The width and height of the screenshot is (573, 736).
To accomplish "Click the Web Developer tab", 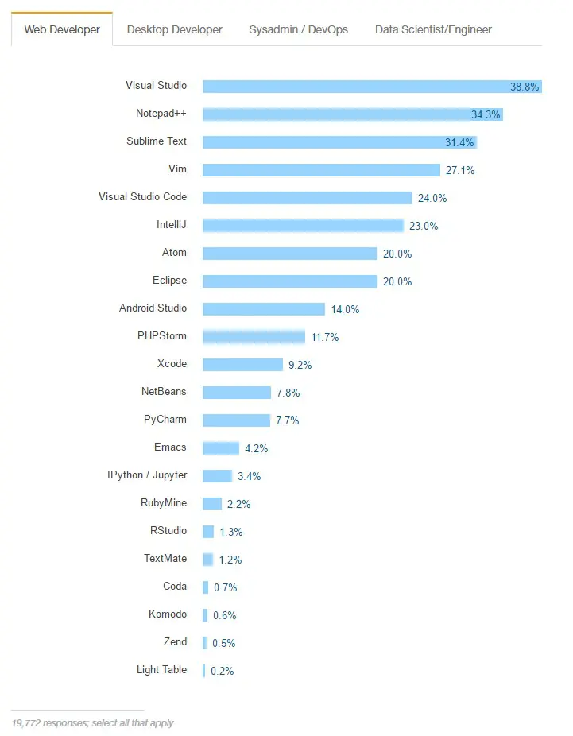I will (62, 29).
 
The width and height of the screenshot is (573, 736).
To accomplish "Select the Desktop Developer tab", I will (174, 29).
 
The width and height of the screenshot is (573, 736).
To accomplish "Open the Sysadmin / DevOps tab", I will (298, 29).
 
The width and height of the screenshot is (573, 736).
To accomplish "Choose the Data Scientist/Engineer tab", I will (433, 29).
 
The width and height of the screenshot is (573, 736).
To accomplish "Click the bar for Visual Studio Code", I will (308, 198).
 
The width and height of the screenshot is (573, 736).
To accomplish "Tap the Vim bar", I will (321, 170).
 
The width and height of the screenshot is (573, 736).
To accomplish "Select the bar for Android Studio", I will (264, 309).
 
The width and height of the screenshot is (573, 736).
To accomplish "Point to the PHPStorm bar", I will (254, 337).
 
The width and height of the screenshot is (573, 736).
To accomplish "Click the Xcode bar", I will (242, 365).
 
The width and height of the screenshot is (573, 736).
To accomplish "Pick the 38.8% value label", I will (525, 87).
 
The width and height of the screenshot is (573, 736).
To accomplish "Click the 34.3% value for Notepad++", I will (486, 114).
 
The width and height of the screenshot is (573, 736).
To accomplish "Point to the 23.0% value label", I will (424, 226).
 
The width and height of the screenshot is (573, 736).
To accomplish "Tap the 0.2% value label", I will (223, 671).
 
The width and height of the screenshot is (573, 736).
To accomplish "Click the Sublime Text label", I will (157, 141).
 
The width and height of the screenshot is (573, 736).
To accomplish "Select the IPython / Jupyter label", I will (147, 475).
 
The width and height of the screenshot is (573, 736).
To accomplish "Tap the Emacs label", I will (171, 447).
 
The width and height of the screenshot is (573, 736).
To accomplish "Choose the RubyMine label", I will (164, 503).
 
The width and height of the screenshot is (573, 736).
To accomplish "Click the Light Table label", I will (161, 670).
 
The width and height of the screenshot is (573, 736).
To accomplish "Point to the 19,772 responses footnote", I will (93, 723).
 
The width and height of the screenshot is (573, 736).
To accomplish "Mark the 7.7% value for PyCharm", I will (288, 420).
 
